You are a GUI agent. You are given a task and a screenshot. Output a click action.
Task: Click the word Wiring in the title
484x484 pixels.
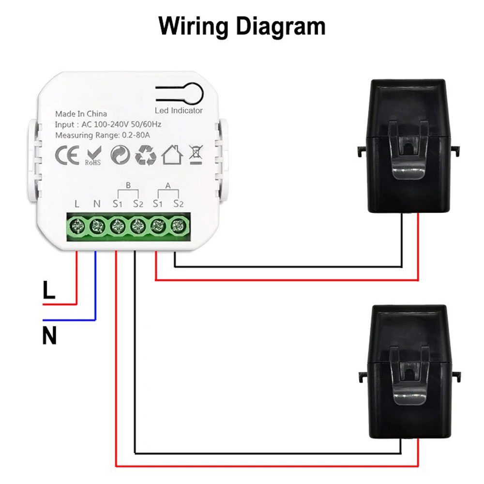tap(194, 27)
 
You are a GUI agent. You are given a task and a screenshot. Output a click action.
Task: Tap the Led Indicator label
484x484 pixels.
tap(179, 111)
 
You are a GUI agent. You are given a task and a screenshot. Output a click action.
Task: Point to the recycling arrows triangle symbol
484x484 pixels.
tap(145, 155)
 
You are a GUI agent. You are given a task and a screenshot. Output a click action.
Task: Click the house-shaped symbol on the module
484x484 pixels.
tap(171, 154)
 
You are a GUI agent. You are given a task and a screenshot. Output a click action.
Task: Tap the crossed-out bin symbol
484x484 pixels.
tap(196, 154)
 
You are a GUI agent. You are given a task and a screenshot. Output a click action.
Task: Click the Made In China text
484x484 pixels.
tap(81, 114)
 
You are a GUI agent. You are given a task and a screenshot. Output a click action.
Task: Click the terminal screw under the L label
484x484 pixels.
tap(77, 226)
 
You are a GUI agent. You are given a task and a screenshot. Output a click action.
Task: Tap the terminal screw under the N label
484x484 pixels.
tap(97, 226)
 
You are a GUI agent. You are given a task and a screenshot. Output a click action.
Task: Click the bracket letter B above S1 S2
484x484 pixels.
tap(128, 185)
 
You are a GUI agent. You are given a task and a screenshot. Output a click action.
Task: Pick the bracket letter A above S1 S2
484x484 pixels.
tap(168, 185)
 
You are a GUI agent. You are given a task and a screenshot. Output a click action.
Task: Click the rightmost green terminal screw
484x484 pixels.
tap(179, 225)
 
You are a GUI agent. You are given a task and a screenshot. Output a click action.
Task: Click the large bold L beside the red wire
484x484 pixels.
tap(49, 290)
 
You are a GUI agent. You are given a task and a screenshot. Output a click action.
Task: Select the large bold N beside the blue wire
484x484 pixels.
tap(49, 335)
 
